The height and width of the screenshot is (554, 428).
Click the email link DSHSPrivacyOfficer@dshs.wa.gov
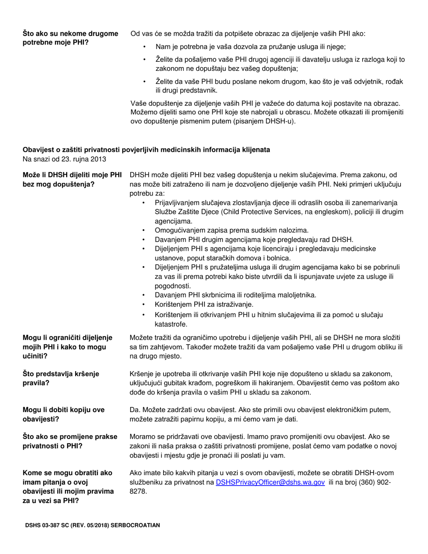click(x=270, y=482)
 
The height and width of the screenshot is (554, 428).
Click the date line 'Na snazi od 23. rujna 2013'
click(x=65, y=159)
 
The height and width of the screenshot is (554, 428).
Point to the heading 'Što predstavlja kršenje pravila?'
click(x=61, y=378)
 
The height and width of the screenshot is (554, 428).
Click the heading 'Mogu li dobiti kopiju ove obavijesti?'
click(x=64, y=414)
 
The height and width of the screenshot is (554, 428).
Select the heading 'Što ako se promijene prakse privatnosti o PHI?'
click(x=70, y=441)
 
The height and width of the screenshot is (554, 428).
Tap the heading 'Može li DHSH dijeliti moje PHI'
click(x=72, y=175)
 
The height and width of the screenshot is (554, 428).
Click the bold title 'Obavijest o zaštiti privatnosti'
click(x=146, y=150)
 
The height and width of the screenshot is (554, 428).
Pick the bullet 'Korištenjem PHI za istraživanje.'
click(x=204, y=304)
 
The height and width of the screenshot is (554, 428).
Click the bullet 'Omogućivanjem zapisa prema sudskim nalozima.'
click(x=232, y=230)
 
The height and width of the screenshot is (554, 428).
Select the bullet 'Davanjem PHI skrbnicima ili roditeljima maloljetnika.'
click(x=236, y=295)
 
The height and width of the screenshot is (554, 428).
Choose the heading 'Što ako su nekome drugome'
click(x=70, y=33)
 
